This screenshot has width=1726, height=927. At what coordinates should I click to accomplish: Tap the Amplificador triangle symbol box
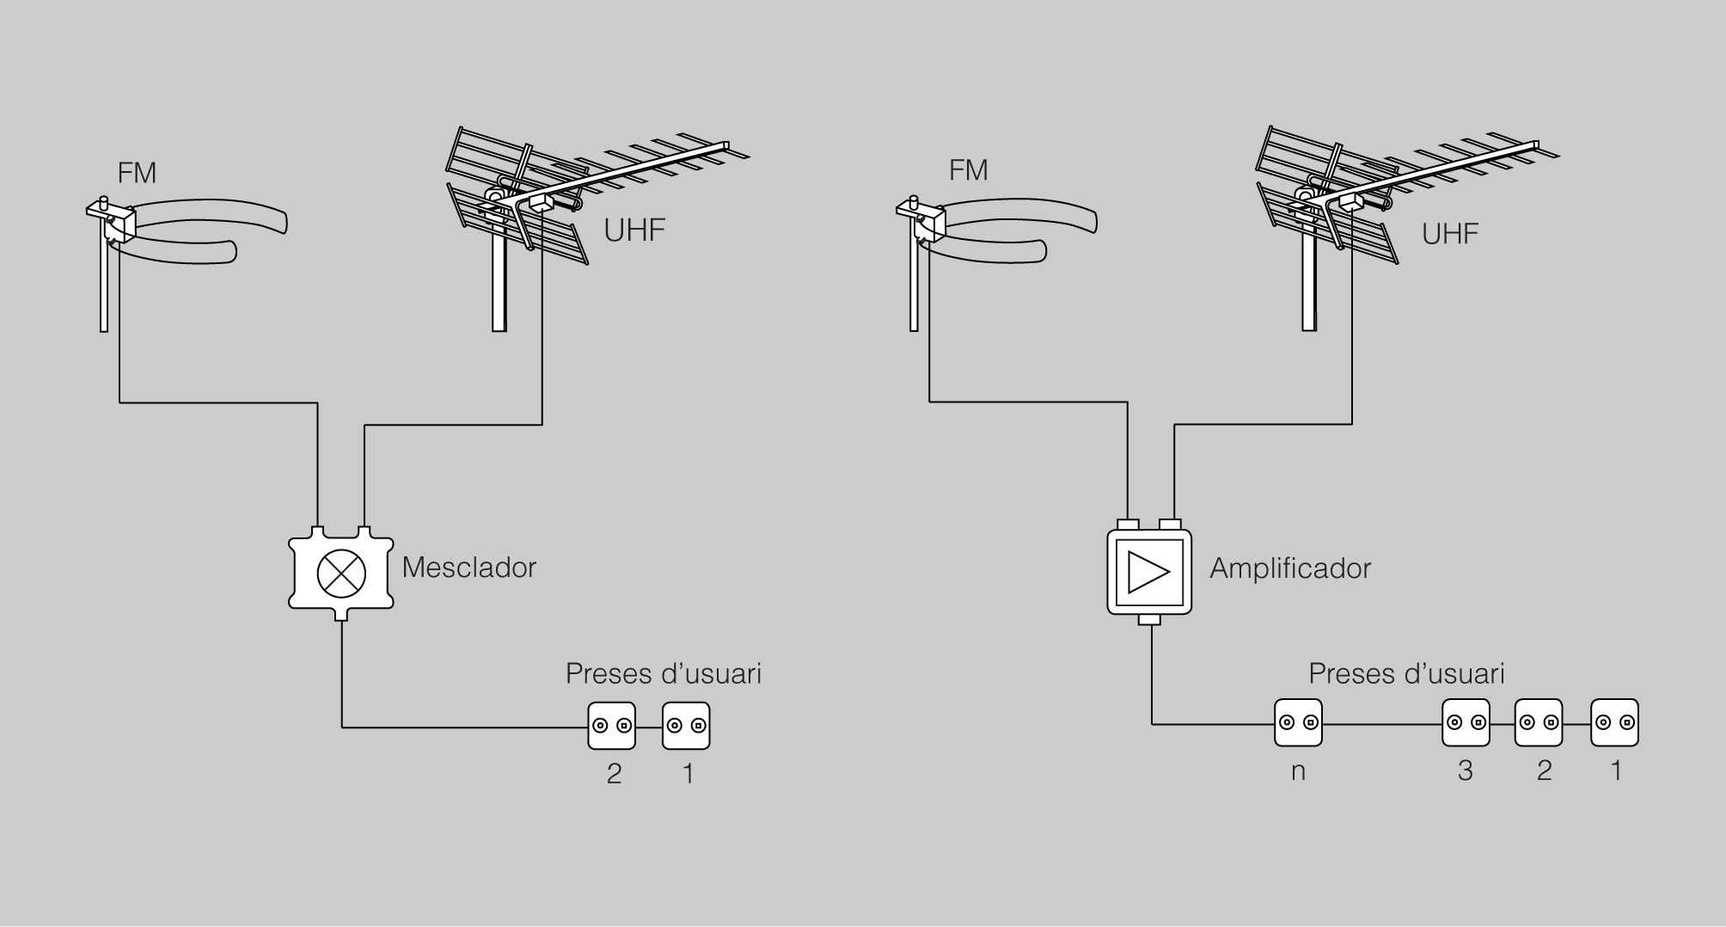[1149, 573]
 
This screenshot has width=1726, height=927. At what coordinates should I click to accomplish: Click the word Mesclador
[468, 568]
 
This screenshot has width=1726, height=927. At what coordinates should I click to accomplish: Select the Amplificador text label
[1289, 568]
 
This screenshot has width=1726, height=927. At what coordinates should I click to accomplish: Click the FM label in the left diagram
[137, 174]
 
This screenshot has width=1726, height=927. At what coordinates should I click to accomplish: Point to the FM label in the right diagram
[968, 170]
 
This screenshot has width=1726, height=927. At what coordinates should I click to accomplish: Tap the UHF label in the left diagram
[634, 230]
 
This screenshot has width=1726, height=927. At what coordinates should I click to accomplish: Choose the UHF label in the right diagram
[1449, 234]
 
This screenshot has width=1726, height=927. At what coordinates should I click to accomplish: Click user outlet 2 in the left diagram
[612, 726]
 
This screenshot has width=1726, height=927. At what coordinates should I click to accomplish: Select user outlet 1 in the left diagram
[686, 726]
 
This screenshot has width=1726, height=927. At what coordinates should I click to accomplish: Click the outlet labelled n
[1298, 722]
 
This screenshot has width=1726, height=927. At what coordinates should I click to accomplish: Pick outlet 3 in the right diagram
[1466, 722]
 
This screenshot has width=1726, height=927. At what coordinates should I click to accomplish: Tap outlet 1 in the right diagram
[1615, 722]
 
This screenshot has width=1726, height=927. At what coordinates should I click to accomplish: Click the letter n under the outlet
[1298, 771]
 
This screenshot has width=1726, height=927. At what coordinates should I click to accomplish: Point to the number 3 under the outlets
[1465, 770]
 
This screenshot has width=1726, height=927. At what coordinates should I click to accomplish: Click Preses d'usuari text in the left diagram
[663, 674]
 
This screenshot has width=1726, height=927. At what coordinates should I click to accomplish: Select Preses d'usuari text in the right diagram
[1406, 674]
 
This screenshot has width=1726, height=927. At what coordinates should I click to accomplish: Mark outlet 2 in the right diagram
[1539, 722]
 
